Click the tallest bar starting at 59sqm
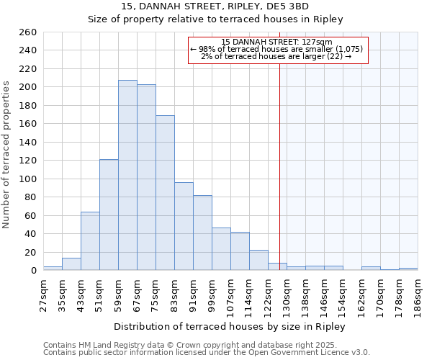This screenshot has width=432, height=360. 127,175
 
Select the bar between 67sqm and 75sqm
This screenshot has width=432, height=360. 146,177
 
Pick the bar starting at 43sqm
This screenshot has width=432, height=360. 90,241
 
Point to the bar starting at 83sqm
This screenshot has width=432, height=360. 184,226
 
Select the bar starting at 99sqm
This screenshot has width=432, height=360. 221,249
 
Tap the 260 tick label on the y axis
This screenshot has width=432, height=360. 28,32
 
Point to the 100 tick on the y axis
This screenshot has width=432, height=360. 28,179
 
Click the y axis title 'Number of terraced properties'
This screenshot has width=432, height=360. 7,155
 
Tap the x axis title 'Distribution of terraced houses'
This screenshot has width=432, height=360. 230,326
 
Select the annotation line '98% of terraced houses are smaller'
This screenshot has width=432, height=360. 278,49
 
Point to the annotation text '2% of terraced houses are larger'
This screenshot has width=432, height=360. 276,56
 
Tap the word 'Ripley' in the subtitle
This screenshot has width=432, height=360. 328,19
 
